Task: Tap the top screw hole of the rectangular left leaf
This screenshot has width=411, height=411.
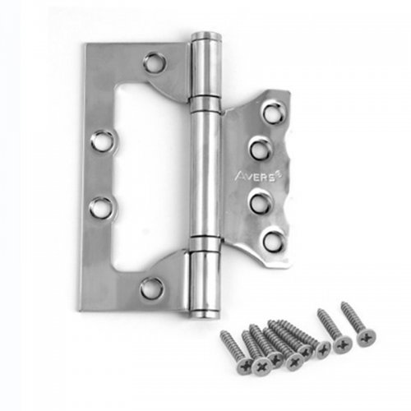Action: [155, 63]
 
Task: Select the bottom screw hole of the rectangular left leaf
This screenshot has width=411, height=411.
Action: [152, 289]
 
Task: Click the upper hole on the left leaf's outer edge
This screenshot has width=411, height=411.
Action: [102, 141]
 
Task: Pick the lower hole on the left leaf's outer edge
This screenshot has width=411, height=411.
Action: [101, 206]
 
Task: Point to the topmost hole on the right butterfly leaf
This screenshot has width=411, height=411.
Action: [274, 112]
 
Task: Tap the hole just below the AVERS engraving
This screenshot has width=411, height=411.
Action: [261, 202]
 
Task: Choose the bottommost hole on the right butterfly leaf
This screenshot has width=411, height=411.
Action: [273, 238]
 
